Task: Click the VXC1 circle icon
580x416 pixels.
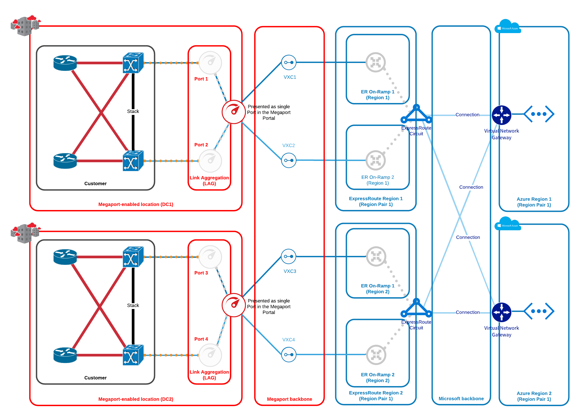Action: click(289, 62)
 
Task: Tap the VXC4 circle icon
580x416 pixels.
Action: click(289, 355)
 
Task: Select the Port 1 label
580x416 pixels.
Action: click(201, 79)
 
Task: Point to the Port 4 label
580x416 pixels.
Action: click(201, 339)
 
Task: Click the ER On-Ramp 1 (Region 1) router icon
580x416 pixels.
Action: click(376, 62)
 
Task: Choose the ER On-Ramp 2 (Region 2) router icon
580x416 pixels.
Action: click(376, 355)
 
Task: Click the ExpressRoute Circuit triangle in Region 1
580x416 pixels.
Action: click(416, 114)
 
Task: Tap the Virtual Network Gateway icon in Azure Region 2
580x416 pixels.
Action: click(502, 312)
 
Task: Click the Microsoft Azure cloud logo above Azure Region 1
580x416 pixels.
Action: click(508, 26)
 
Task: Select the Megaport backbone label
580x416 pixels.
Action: click(290, 399)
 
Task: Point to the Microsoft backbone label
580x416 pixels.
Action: click(461, 399)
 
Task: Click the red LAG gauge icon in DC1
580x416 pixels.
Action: click(234, 112)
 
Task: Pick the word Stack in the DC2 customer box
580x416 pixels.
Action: click(133, 305)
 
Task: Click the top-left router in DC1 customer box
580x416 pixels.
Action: click(65, 63)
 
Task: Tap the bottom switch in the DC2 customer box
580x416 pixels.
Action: click(133, 355)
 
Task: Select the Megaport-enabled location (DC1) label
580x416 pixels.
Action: click(136, 204)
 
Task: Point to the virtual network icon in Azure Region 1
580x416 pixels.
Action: click(539, 114)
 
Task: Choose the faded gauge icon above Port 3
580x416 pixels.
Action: click(210, 257)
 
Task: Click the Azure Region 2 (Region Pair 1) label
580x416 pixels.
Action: click(534, 396)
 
